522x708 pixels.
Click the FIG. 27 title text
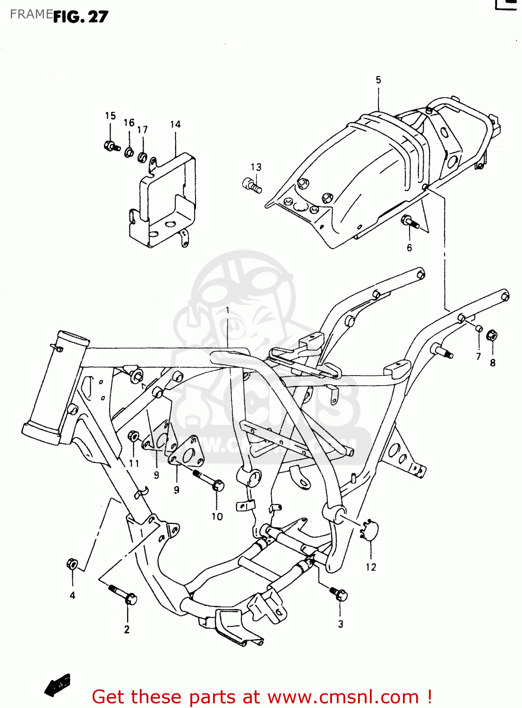coord(80,17)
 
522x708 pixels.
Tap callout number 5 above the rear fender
coord(378,80)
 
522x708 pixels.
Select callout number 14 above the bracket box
coord(175,124)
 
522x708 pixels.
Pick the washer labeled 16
coord(129,152)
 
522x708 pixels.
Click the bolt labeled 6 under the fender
coord(409,222)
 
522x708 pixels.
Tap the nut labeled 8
coord(492,336)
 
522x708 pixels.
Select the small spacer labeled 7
coord(478,329)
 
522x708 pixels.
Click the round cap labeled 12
coord(370,531)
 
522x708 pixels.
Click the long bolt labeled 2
coord(124,595)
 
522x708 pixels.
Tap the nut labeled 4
coord(72,564)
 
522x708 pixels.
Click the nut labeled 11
coord(134,436)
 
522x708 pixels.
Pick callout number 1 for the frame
coord(227,310)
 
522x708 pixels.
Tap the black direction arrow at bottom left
coord(58,685)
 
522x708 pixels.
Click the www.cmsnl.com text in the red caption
coord(343,697)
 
